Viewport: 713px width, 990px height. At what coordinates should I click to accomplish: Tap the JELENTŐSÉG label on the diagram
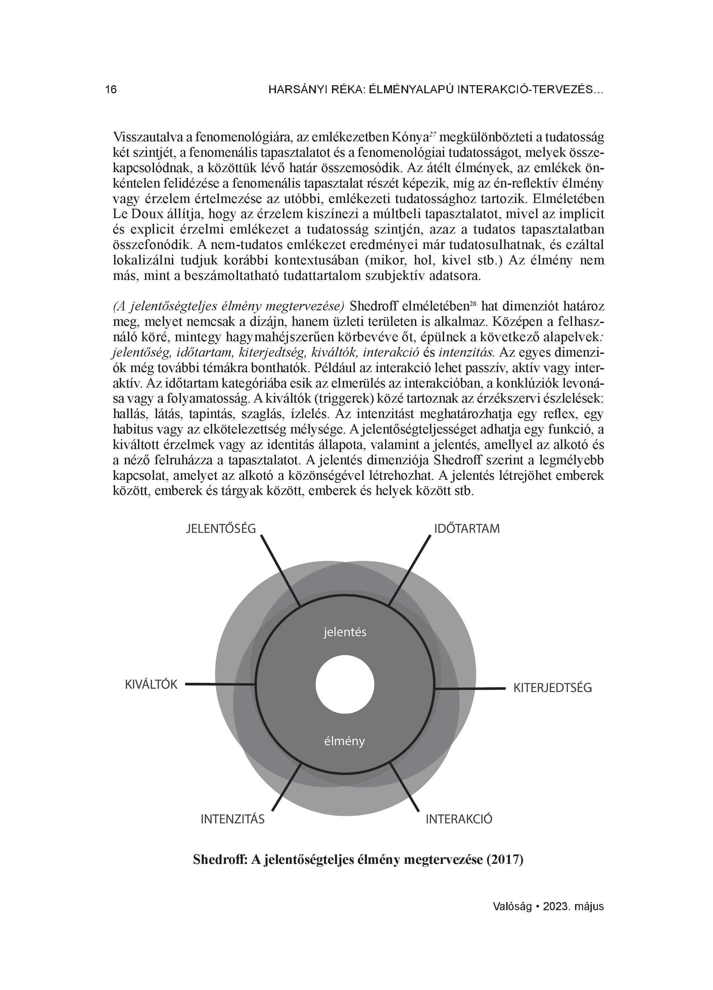[x=221, y=529]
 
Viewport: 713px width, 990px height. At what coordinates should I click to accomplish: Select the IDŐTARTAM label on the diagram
[x=466, y=529]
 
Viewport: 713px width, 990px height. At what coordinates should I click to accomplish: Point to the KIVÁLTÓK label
[x=151, y=684]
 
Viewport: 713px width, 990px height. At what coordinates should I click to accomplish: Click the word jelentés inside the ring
[x=345, y=632]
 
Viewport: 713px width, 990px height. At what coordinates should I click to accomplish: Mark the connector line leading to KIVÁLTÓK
[x=220, y=684]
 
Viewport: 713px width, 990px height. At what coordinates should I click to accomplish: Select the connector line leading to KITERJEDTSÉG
[x=470, y=688]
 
